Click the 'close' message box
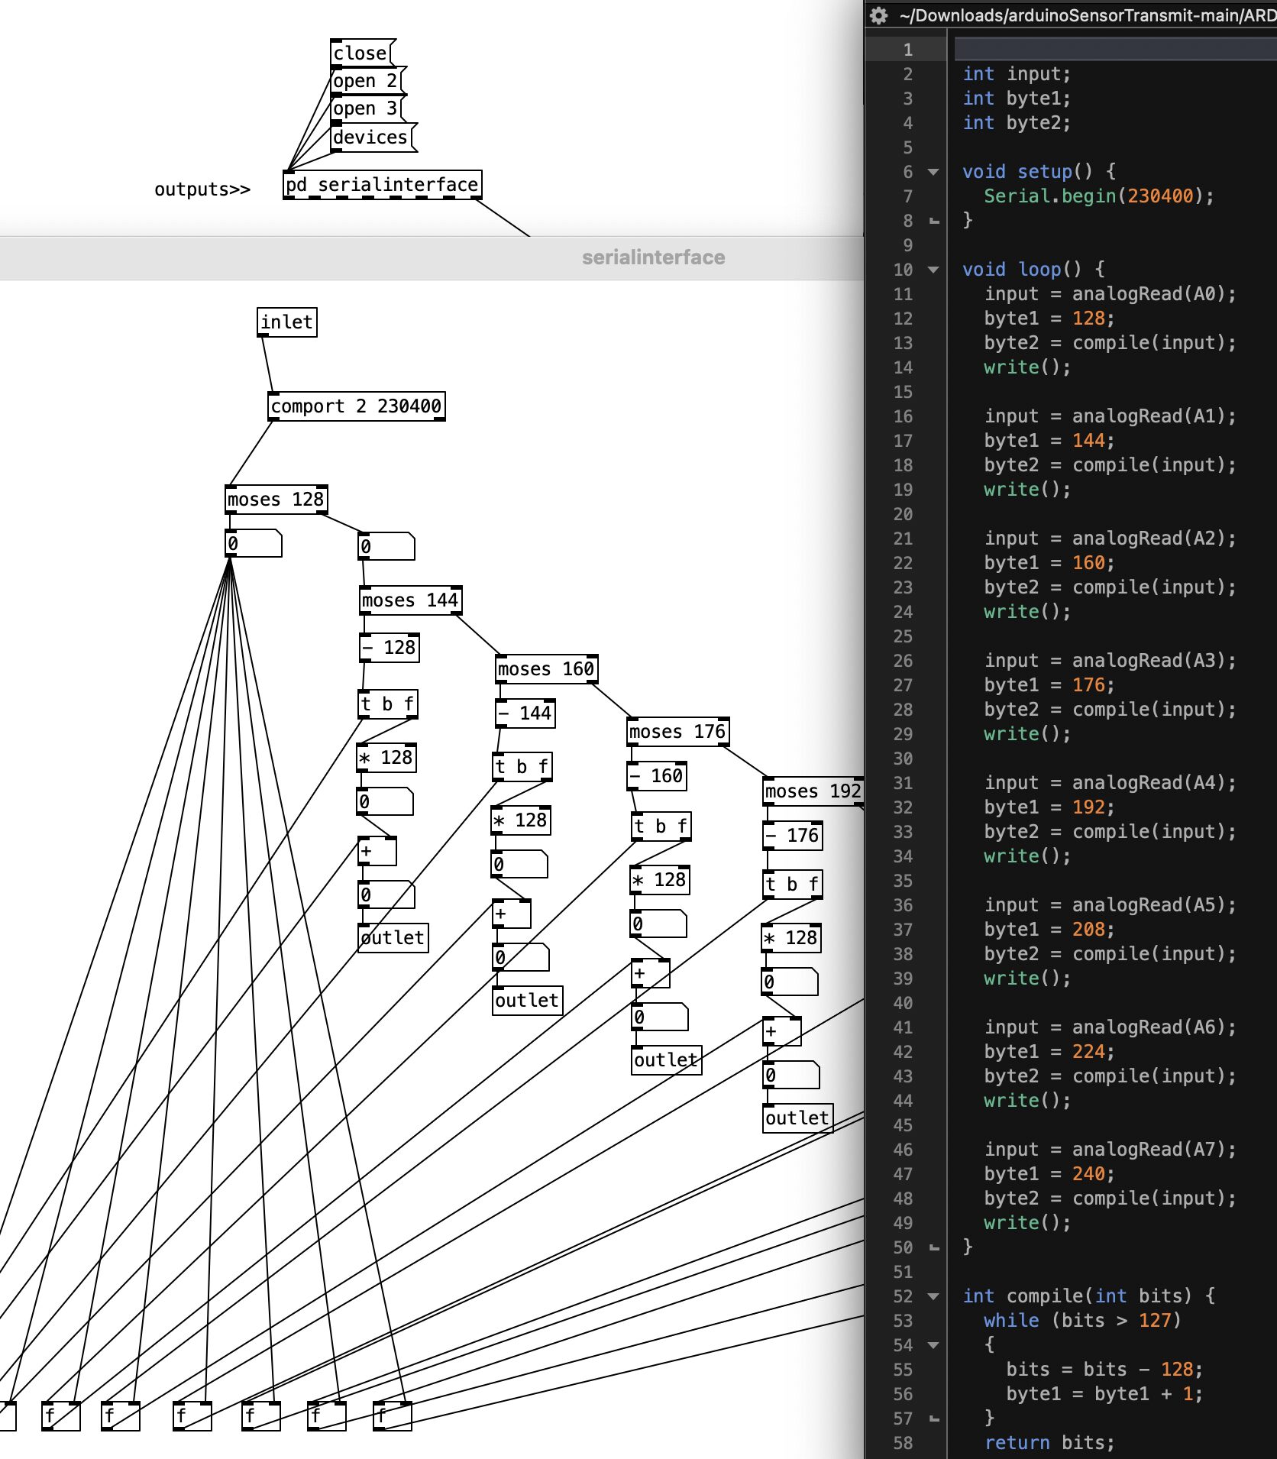point(362,53)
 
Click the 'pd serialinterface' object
point(383,185)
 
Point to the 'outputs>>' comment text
point(202,189)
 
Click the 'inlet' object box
point(286,322)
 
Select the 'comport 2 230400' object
point(357,406)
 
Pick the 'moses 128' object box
point(276,500)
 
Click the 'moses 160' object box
point(546,669)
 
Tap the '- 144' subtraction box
point(525,713)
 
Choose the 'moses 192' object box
point(813,791)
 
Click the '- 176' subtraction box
point(793,836)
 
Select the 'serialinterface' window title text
point(654,257)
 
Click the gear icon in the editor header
point(879,15)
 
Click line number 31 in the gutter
point(904,783)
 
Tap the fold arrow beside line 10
point(933,270)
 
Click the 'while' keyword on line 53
point(1011,1321)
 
